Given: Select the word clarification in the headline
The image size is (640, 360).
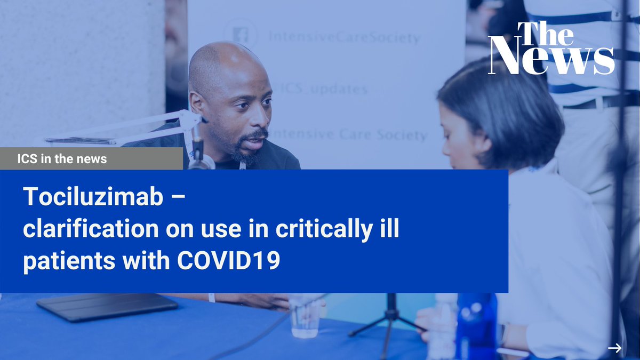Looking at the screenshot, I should (86, 230).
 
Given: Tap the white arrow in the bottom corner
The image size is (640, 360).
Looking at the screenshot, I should (614, 348).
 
